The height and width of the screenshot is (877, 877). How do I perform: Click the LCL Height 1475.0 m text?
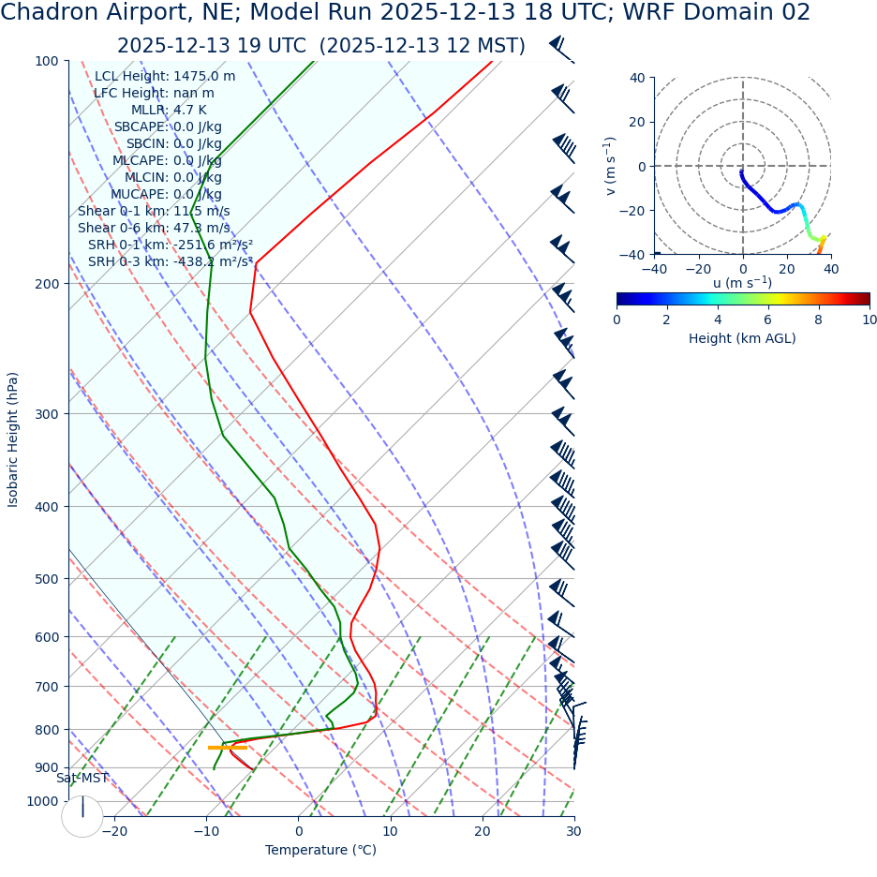point(165,77)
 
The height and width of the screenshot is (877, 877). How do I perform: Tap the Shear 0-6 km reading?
point(154,229)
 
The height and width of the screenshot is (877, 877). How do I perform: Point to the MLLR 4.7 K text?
point(169,111)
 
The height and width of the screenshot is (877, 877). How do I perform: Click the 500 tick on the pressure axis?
point(48,579)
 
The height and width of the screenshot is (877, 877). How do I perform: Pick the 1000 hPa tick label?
point(44,801)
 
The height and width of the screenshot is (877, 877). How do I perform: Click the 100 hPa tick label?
point(48,62)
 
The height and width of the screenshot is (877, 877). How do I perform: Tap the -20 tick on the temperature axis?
point(114,832)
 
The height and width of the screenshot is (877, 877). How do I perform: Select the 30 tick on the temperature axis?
point(573,832)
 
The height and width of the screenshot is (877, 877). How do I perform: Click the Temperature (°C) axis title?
point(320,851)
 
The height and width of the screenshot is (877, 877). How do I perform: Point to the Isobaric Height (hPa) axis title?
point(13,439)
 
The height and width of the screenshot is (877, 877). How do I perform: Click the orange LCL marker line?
point(227,747)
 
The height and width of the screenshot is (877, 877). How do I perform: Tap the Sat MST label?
point(82,779)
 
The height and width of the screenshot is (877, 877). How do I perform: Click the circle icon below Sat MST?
point(82,816)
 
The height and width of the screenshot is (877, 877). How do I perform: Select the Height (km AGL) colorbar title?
point(742,338)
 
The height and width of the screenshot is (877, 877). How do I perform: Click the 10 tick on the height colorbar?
point(869,320)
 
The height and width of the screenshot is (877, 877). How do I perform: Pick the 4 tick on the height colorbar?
point(718,320)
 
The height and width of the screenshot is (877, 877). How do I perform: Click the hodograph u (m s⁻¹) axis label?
point(742,283)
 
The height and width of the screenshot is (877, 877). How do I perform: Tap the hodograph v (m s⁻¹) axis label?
point(611,166)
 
